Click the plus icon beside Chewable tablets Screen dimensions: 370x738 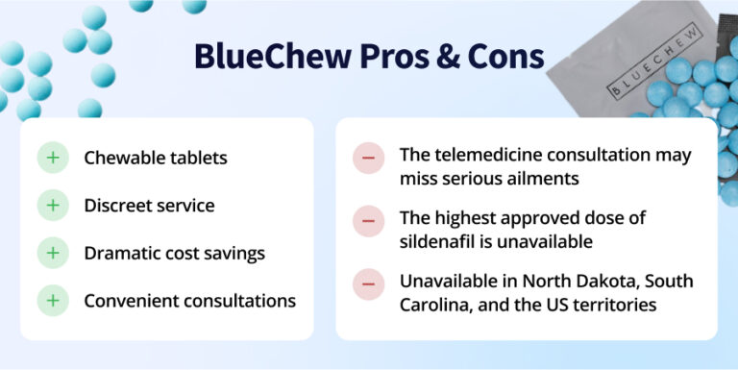[x=53, y=158]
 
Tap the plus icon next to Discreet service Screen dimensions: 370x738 [x=53, y=206]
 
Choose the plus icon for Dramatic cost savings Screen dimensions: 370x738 [x=53, y=254]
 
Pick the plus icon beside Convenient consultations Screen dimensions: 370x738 [x=53, y=301]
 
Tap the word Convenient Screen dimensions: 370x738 [x=131, y=301]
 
